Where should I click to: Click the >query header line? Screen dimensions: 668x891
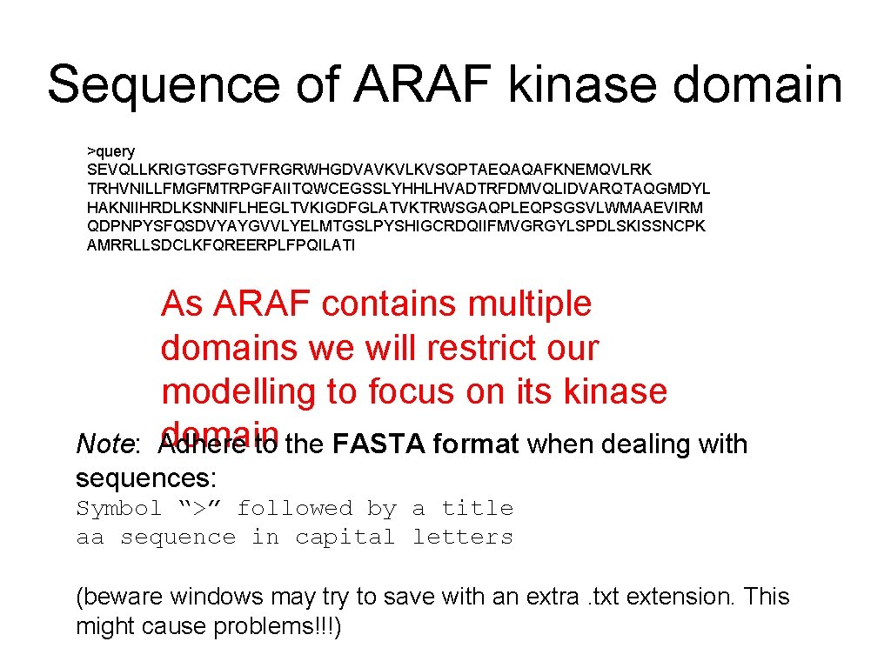(111, 151)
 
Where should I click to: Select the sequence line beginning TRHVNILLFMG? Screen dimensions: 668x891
(399, 189)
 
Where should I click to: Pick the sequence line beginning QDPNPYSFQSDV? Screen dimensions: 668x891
(396, 226)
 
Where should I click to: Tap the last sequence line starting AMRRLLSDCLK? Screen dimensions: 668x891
(221, 245)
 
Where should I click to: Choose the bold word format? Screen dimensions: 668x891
(476, 444)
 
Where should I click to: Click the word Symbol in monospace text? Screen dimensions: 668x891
(119, 508)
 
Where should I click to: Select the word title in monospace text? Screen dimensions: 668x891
(477, 508)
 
